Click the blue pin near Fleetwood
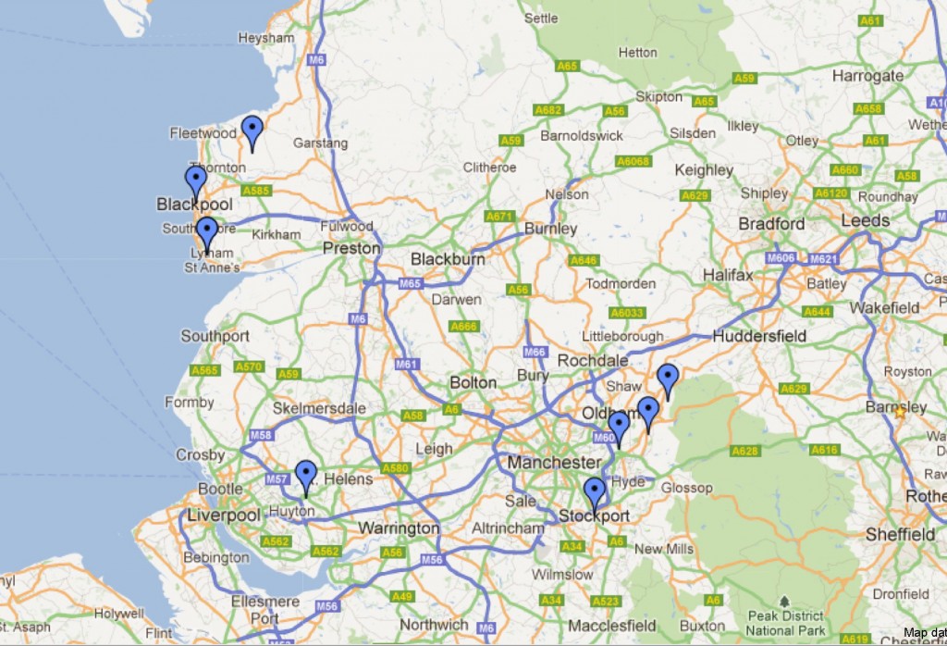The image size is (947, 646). pyautogui.click(x=252, y=130)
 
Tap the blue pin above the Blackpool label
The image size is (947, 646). pyautogui.click(x=195, y=180)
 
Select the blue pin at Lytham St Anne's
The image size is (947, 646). pyautogui.click(x=206, y=231)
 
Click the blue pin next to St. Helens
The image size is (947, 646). pyautogui.click(x=305, y=475)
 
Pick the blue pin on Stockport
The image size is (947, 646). pyautogui.click(x=595, y=492)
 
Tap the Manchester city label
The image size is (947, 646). pyautogui.click(x=553, y=461)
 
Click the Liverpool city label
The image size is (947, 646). pyautogui.click(x=224, y=516)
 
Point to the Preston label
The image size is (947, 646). pyautogui.click(x=351, y=248)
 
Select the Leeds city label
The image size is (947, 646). pyautogui.click(x=866, y=220)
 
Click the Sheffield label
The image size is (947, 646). pyautogui.click(x=900, y=534)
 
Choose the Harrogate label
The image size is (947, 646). pyautogui.click(x=867, y=76)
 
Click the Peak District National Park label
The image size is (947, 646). pyautogui.click(x=785, y=623)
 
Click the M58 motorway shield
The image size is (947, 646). pyautogui.click(x=261, y=435)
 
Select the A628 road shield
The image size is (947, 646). pyautogui.click(x=744, y=451)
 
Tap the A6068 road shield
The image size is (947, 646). pyautogui.click(x=633, y=161)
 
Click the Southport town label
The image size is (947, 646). pyautogui.click(x=215, y=336)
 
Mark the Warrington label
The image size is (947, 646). pyautogui.click(x=399, y=528)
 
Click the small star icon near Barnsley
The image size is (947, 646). pyautogui.click(x=900, y=413)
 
